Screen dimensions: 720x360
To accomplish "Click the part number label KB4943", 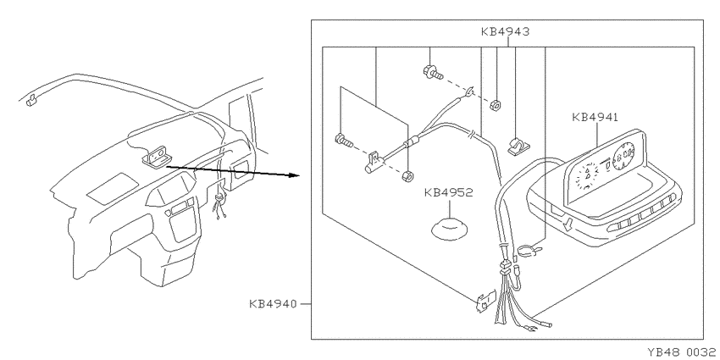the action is click(x=505, y=31).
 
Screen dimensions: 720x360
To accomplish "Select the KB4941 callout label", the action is click(x=595, y=117).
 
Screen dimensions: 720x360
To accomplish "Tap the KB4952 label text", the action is click(x=448, y=193).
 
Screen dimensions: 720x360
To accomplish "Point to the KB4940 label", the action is click(x=273, y=304).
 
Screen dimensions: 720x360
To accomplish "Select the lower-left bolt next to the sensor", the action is click(x=344, y=140).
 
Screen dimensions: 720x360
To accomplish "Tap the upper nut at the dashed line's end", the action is click(x=495, y=105).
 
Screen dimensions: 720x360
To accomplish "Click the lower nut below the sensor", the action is click(x=406, y=176).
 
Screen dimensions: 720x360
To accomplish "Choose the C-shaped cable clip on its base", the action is click(x=518, y=146).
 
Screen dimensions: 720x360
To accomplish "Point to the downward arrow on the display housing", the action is click(x=568, y=224).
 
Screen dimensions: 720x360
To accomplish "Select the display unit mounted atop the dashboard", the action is click(x=157, y=155).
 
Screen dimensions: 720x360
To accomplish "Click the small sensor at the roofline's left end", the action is click(x=30, y=100).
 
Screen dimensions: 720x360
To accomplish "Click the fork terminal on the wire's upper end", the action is click(x=468, y=93).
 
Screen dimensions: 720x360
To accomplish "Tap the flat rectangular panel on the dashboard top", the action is click(x=113, y=188).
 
